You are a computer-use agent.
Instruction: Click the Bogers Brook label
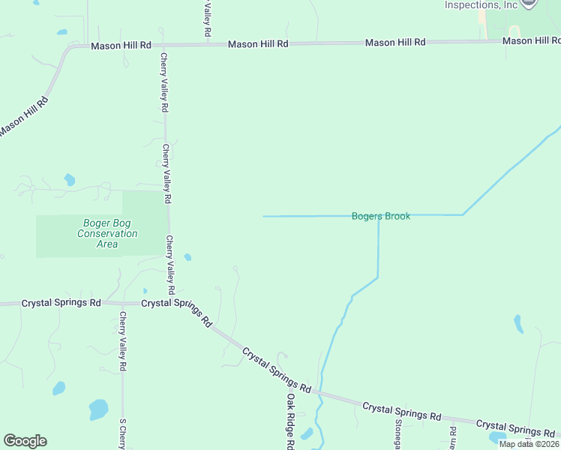click(x=381, y=216)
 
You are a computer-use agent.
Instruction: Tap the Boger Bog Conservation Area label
click(x=107, y=233)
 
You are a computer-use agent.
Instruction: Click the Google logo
click(x=25, y=441)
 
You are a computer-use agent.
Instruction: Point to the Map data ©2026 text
click(x=529, y=444)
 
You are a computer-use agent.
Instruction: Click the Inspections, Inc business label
click(x=481, y=4)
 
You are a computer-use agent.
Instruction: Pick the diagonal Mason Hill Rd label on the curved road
click(x=24, y=115)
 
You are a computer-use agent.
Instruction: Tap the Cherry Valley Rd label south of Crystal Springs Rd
click(x=122, y=342)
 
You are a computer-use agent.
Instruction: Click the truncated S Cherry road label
click(x=122, y=433)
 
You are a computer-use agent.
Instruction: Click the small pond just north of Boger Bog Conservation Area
click(x=70, y=179)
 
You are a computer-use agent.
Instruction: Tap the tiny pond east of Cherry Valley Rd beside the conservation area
click(x=187, y=256)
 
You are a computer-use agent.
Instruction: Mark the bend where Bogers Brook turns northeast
click(x=463, y=214)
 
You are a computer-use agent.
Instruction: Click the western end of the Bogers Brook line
click(x=263, y=217)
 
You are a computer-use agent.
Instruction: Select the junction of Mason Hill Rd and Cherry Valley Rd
click(x=164, y=45)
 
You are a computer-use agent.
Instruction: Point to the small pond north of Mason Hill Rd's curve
click(x=61, y=32)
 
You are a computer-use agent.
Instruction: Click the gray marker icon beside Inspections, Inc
click(x=529, y=3)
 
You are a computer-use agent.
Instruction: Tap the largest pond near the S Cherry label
click(x=98, y=409)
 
